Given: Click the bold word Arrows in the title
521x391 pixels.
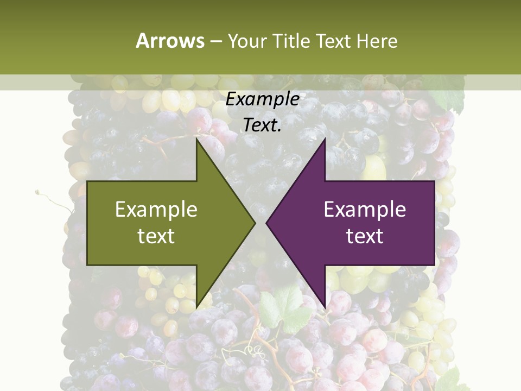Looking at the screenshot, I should pos(170,41).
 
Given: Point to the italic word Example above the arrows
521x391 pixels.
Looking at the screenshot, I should pos(262,99).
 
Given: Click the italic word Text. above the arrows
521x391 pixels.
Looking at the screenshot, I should pos(262,125).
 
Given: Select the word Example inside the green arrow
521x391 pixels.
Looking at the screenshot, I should pos(156,210).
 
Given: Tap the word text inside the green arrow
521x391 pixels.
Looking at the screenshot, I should pos(156,236).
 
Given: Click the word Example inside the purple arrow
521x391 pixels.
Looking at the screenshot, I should pos(365,210).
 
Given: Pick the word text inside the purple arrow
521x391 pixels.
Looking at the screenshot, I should pos(365,236).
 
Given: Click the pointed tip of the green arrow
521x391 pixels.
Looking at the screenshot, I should pos(255,223).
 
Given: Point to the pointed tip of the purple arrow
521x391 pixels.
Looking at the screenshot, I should pos(266,223).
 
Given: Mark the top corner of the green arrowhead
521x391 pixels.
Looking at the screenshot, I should pos(197,138).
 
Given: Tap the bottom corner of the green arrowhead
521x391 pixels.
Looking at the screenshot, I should pos(197,307).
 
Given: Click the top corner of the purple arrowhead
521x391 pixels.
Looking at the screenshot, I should pos(325,140).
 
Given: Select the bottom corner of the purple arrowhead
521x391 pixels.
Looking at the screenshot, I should pos(325,306).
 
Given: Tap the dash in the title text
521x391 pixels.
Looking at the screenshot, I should pos(215,41).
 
